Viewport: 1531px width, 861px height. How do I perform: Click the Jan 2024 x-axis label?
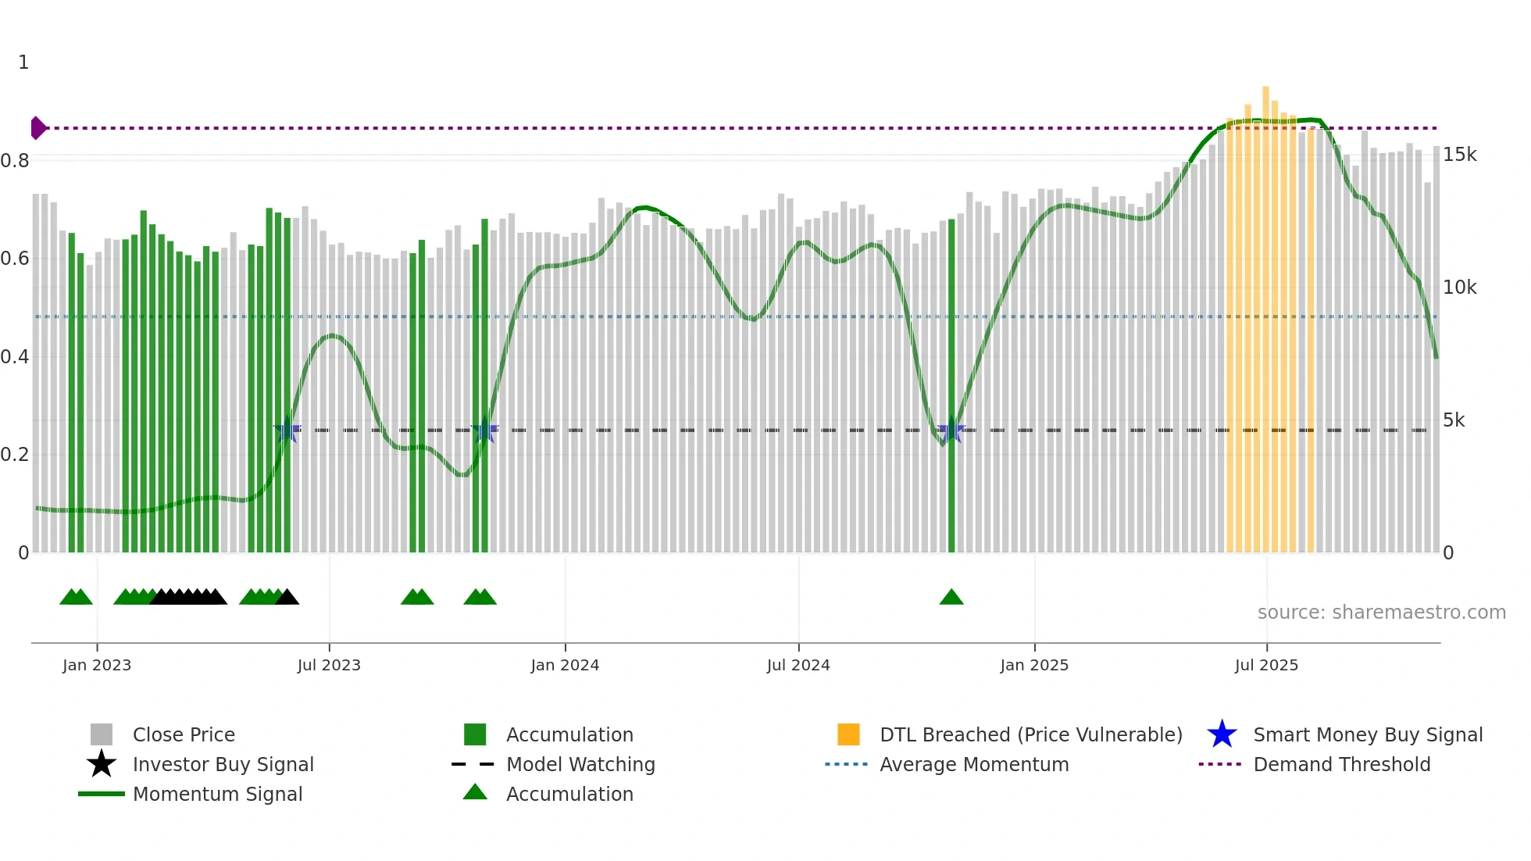[x=565, y=665]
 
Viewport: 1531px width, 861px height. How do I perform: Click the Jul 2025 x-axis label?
[x=1266, y=665]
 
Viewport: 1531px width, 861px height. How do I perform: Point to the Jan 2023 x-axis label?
[x=97, y=665]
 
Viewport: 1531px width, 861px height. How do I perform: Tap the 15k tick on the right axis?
[x=1459, y=155]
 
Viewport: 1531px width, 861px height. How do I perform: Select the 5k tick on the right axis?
[x=1454, y=420]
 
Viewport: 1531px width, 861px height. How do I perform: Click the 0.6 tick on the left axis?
[x=16, y=259]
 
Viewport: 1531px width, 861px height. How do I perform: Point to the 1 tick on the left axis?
[x=23, y=63]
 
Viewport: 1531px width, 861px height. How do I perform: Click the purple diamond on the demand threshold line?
[x=37, y=127]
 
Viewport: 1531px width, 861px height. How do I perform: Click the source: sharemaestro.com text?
[x=1381, y=613]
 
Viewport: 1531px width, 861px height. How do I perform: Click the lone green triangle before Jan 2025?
[x=951, y=598]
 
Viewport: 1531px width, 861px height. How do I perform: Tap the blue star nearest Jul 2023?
[x=287, y=430]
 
